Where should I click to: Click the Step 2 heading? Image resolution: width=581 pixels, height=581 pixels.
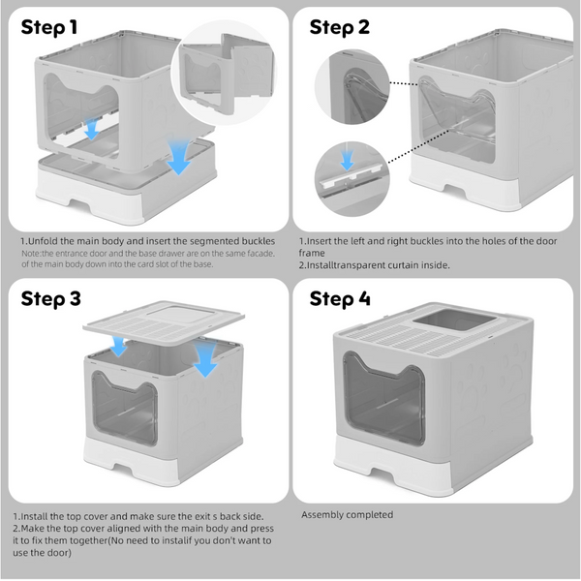pos(340,28)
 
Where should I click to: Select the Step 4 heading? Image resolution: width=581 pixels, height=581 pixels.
pos(340,299)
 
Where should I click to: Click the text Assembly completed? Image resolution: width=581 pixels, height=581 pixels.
pos(347,515)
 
